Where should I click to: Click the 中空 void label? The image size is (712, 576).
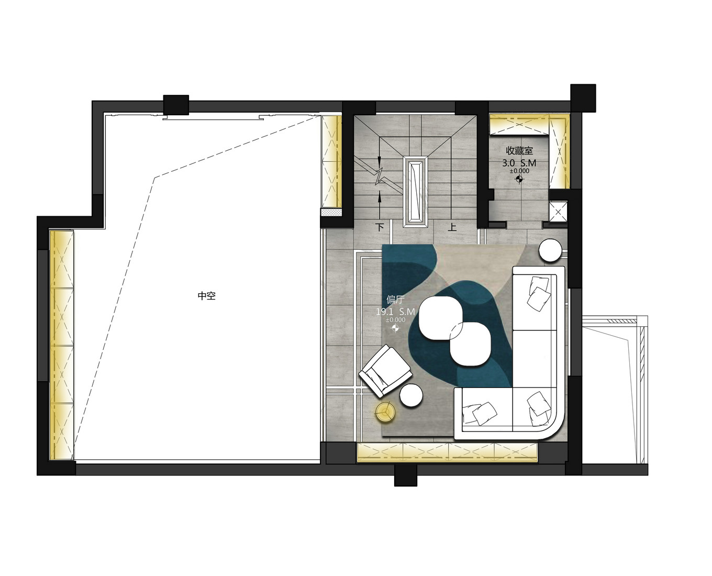[x=207, y=295]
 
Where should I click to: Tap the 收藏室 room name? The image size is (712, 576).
[x=519, y=151]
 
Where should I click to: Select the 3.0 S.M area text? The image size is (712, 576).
[x=519, y=163]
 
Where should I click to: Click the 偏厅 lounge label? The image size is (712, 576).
[x=395, y=299]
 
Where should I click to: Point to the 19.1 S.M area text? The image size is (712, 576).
[x=395, y=312]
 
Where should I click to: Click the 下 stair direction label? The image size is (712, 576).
[x=380, y=228]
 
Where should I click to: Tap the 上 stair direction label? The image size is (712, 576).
[x=452, y=228]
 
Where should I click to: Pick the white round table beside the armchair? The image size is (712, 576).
[x=412, y=395]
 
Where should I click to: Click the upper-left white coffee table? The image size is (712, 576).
[x=441, y=318]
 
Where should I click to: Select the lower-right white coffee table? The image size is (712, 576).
[x=471, y=344]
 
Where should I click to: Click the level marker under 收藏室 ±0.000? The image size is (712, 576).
[x=519, y=180]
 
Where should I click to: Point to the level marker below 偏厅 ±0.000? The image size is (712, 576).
[x=395, y=328]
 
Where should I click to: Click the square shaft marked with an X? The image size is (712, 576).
[x=558, y=212]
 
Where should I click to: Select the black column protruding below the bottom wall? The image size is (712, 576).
[x=405, y=475]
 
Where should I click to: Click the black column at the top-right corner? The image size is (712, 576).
[x=583, y=97]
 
